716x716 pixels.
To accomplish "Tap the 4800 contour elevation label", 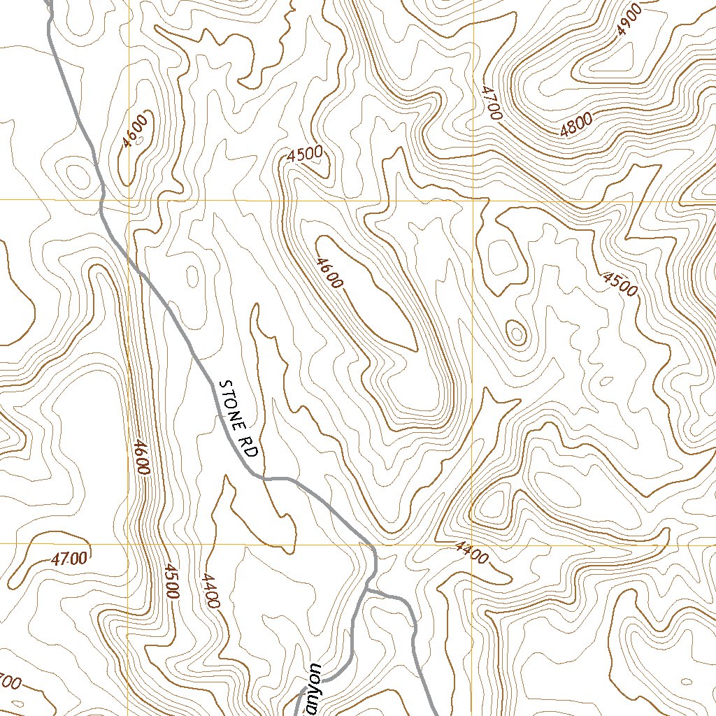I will pos(576,124).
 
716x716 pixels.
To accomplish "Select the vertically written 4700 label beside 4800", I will pos(491,102).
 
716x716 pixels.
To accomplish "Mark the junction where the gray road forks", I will pos(368,591).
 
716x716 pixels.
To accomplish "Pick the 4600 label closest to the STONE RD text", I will pos(141,457).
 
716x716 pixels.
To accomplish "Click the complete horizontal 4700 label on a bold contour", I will pos(69,558).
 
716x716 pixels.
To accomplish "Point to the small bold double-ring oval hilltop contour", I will pos(517,333).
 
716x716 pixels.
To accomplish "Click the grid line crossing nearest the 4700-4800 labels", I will pos(473,200).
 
